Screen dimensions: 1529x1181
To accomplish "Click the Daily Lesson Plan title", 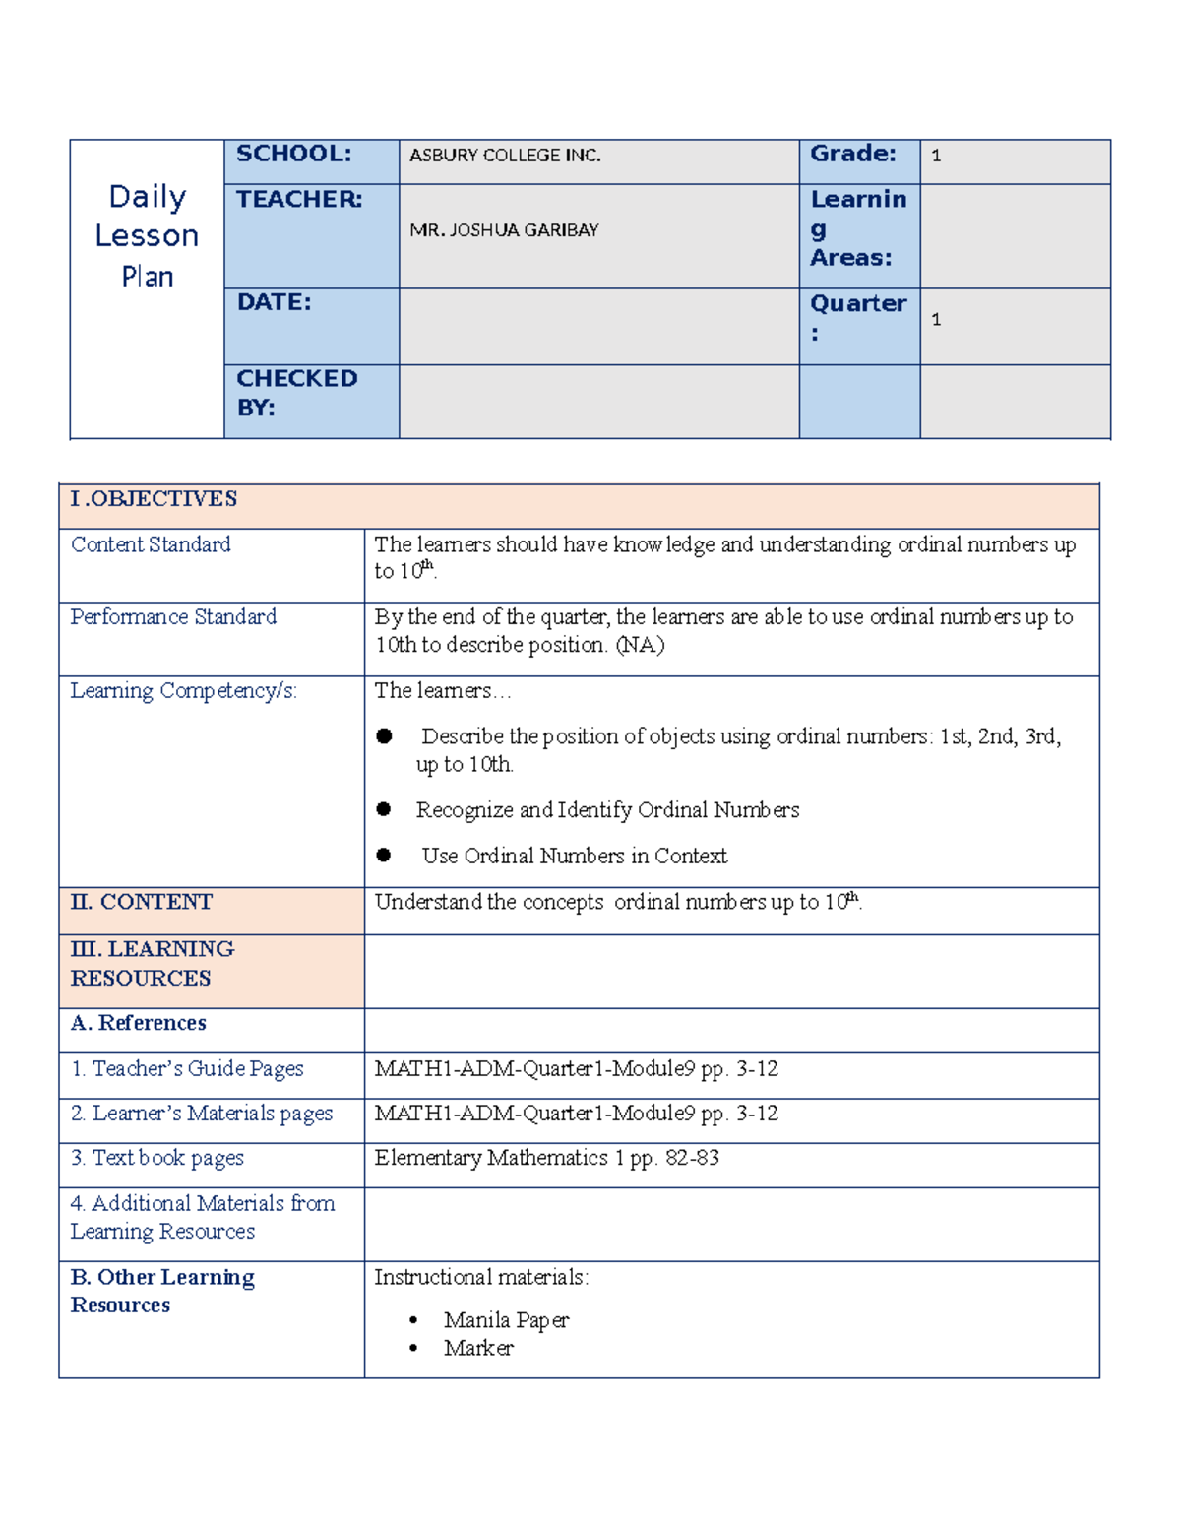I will [147, 236].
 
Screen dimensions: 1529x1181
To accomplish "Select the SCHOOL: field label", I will [293, 154].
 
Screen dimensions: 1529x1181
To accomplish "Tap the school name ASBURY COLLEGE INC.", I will [505, 156].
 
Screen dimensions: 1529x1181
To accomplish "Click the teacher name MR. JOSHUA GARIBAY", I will [504, 230].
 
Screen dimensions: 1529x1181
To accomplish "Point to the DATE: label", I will [274, 302].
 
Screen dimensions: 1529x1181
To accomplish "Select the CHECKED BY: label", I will [296, 393].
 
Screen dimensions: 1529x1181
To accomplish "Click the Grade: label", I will [852, 154].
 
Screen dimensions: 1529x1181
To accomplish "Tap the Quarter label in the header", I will [857, 317].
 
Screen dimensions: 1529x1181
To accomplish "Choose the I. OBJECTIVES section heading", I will [154, 499].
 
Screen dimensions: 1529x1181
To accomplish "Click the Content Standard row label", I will [151, 544].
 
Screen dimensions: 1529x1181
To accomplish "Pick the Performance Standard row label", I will [173, 617].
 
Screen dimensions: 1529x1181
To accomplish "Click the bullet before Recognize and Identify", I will [384, 809].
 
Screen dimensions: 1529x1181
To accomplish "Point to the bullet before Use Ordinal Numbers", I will [384, 856].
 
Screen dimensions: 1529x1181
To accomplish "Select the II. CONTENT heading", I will [142, 902].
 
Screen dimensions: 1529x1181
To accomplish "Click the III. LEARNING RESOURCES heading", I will [152, 964].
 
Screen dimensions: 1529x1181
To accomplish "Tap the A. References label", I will [139, 1023].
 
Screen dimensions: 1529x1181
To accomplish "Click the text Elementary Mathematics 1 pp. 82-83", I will [546, 1158].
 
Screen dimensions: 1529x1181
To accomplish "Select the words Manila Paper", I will [506, 1320].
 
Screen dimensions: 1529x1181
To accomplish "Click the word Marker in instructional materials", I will [478, 1348].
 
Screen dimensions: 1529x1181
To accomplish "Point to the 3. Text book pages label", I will [157, 1158].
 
